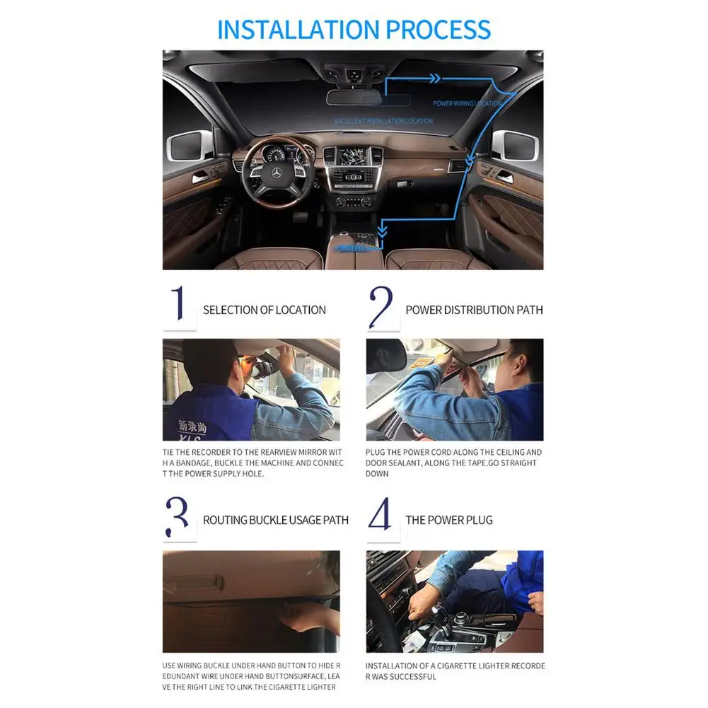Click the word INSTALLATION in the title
(x=297, y=30)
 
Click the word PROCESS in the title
(x=437, y=30)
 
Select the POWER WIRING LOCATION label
(x=467, y=104)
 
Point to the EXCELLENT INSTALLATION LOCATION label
(x=384, y=121)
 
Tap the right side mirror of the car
(x=518, y=146)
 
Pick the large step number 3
(x=178, y=516)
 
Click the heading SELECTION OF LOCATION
(x=265, y=310)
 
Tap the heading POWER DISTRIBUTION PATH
(x=474, y=310)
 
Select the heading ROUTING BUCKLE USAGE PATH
(x=276, y=520)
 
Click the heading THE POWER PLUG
(x=449, y=520)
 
